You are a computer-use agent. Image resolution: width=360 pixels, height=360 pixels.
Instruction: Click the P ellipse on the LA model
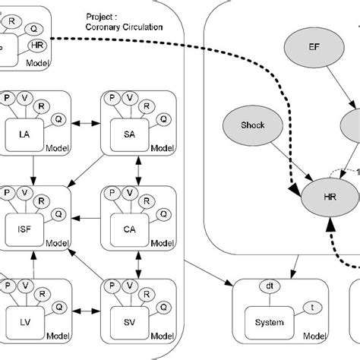click(x=8, y=98)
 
